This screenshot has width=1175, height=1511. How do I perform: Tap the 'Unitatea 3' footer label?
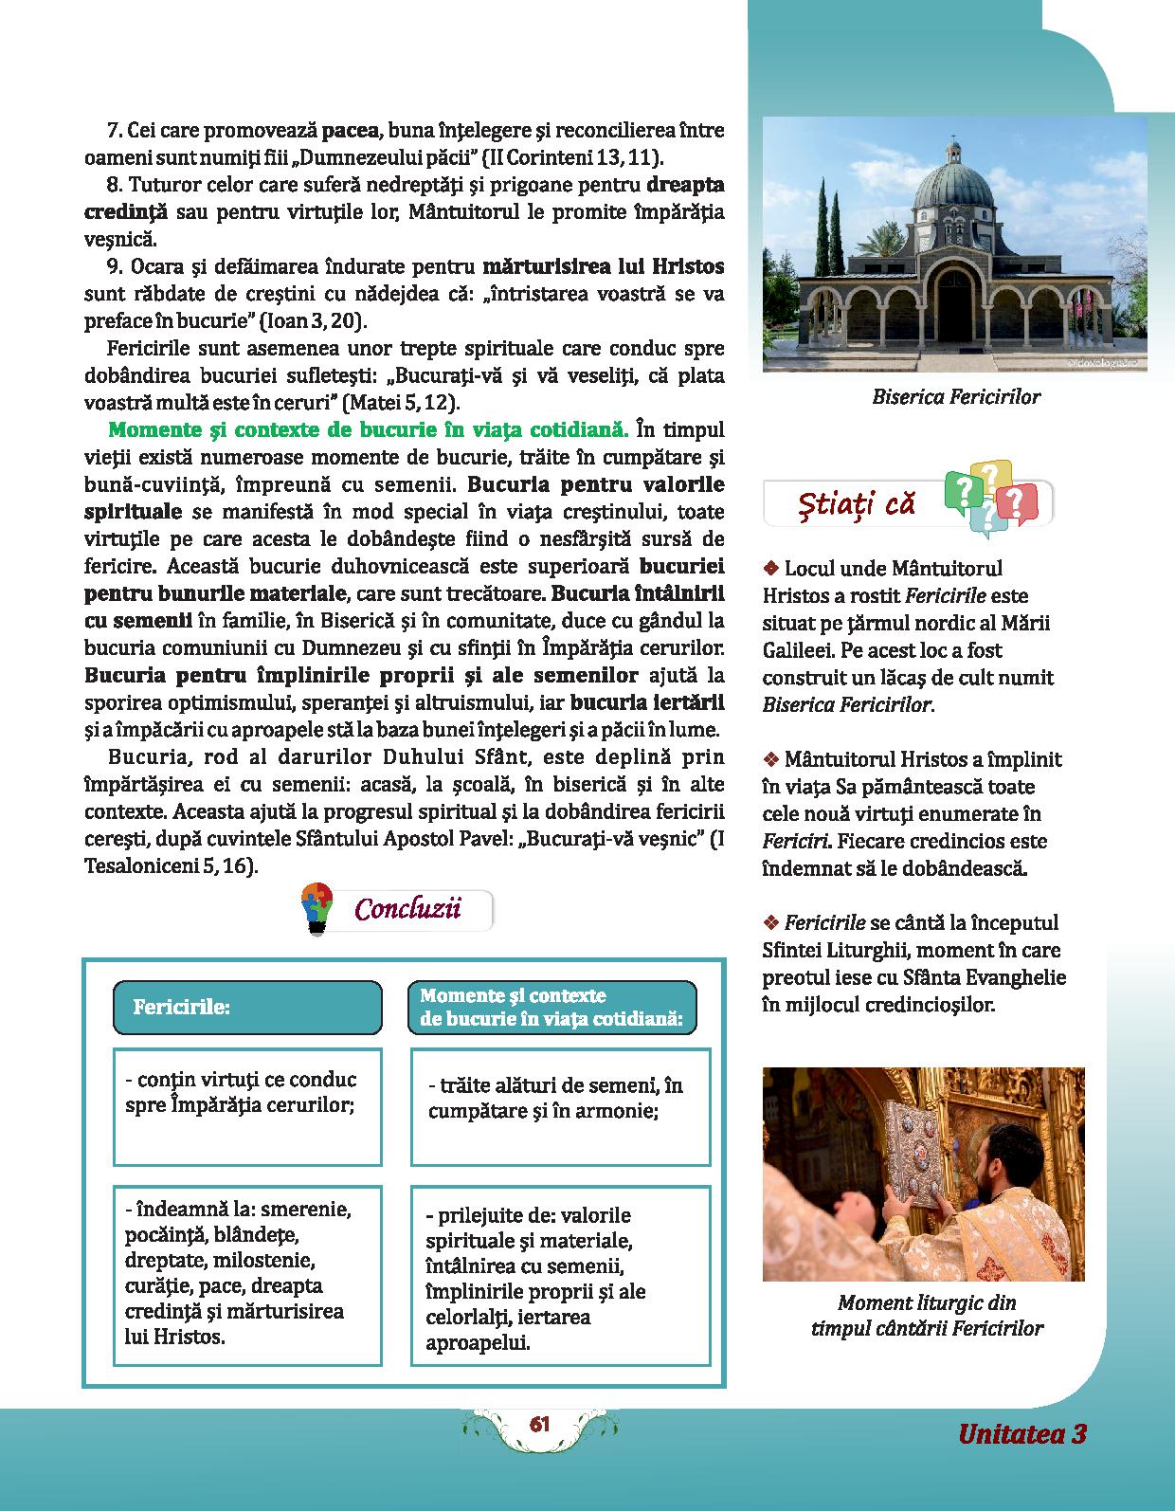tap(1021, 1433)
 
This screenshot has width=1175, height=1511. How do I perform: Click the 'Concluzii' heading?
tap(407, 909)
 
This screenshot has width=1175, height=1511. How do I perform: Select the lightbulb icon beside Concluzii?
tap(314, 909)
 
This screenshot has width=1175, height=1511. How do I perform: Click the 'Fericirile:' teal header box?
tap(247, 1007)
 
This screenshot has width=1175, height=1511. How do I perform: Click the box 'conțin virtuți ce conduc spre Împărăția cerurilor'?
tap(247, 1106)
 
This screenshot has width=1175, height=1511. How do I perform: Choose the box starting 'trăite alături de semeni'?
tap(560, 1106)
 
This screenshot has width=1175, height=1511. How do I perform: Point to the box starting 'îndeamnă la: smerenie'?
tap(247, 1274)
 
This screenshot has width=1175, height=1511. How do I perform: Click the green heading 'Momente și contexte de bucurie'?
tap(368, 430)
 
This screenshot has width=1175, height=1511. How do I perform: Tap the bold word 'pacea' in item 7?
tap(351, 129)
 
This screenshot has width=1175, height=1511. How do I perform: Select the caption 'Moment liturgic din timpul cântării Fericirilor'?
tap(926, 1316)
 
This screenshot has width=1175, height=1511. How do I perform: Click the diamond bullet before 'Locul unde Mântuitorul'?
tap(770, 569)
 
